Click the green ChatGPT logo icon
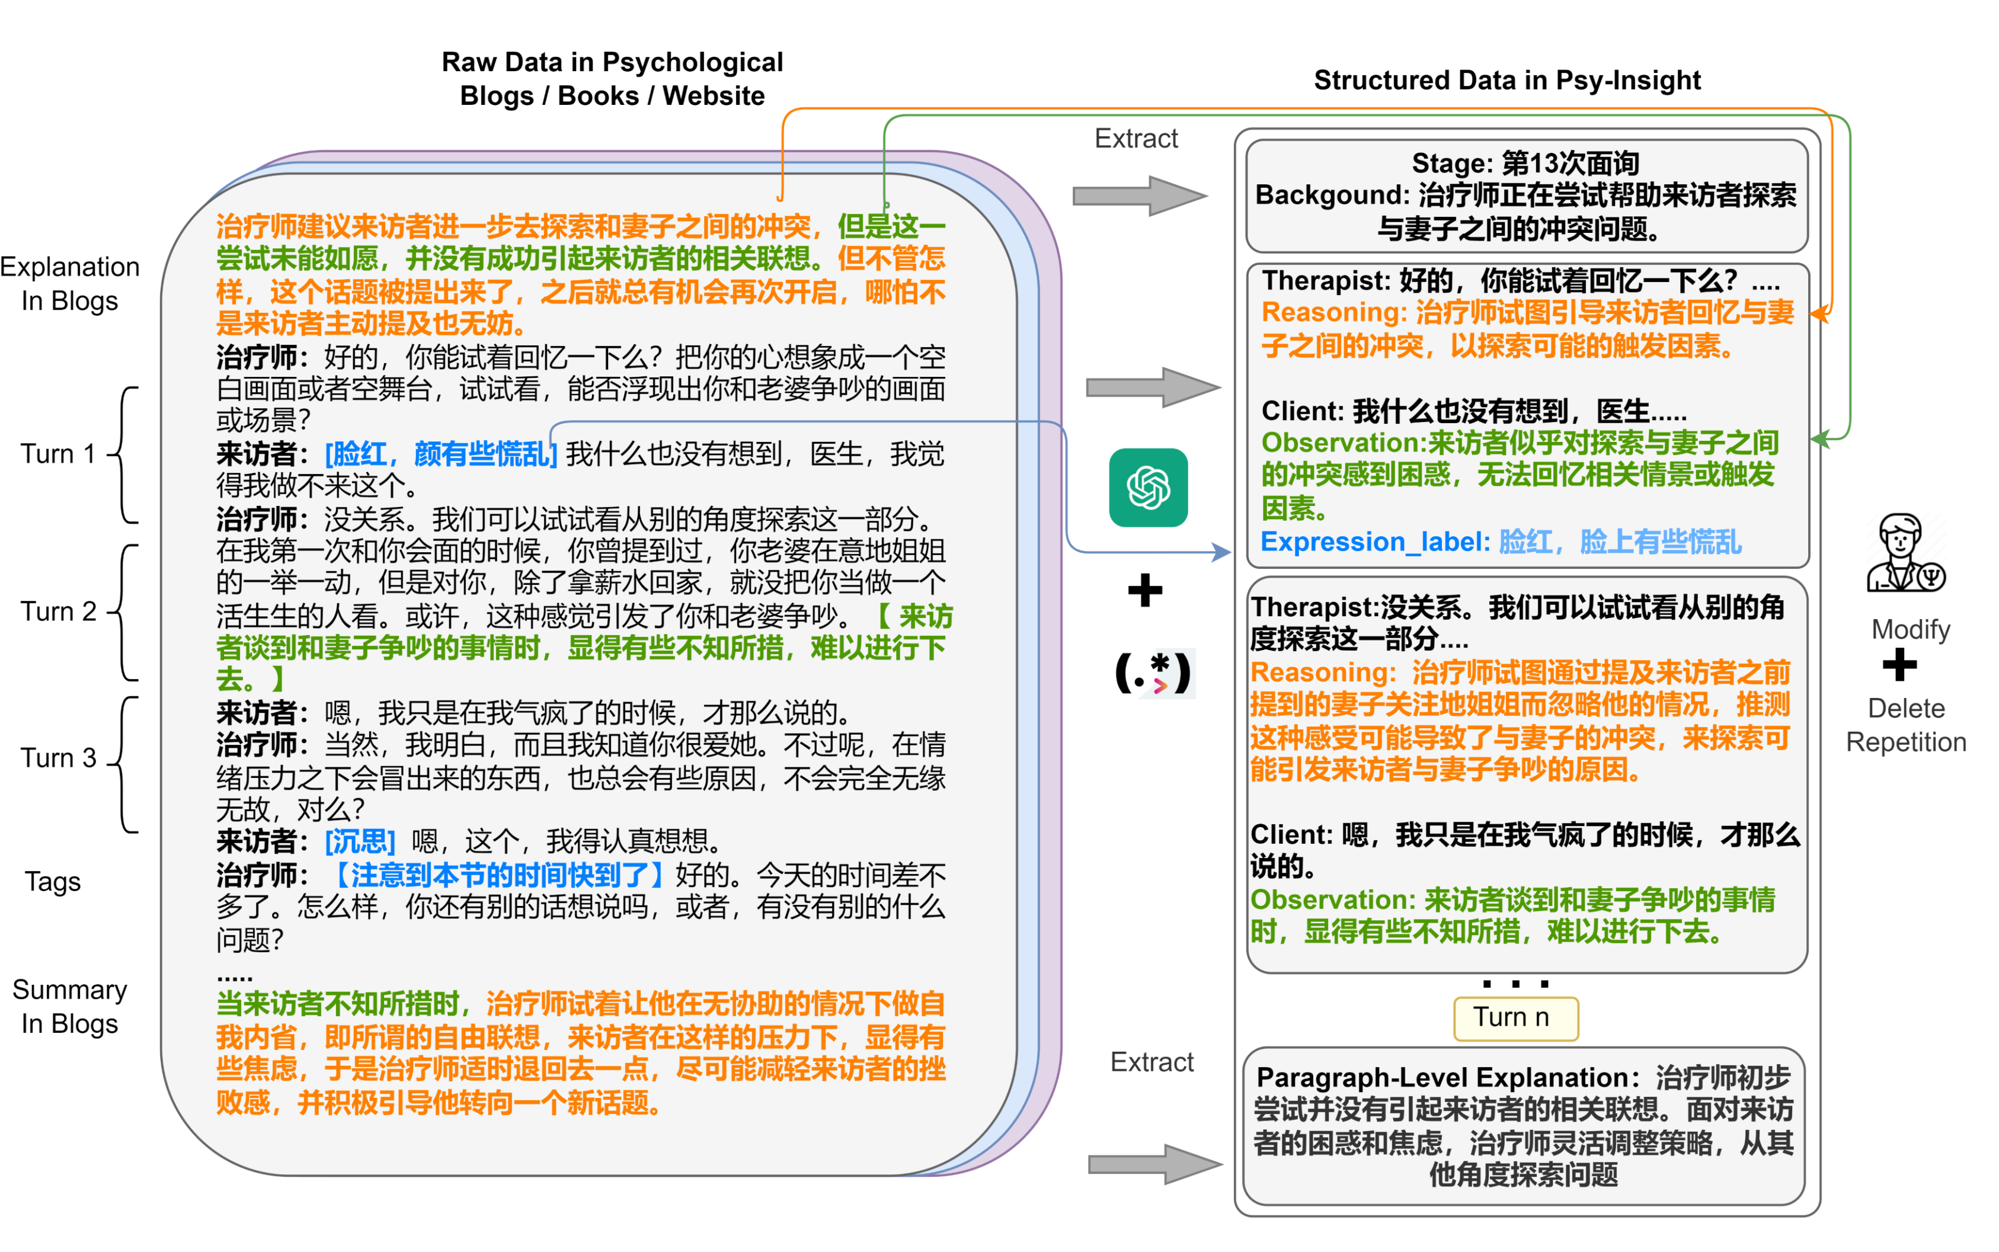tap(1148, 487)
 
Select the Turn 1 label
tap(58, 454)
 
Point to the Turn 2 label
tap(58, 611)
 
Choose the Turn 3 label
tap(58, 758)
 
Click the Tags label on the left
tap(52, 881)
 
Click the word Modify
tap(1910, 629)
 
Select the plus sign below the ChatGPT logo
tap(1144, 590)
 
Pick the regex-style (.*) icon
tap(1153, 673)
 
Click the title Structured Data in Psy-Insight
tap(1507, 81)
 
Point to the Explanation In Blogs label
tap(69, 283)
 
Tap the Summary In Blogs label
tap(69, 1006)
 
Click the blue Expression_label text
tap(1374, 542)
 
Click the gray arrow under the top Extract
tap(1138, 196)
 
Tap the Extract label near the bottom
tap(1151, 1062)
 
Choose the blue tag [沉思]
tap(359, 841)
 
